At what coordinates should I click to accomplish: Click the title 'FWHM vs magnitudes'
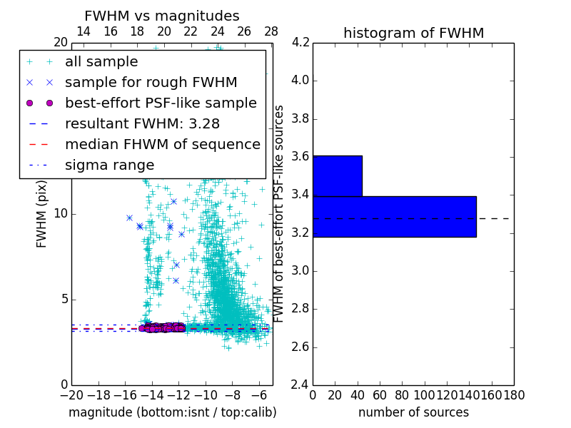click(x=161, y=16)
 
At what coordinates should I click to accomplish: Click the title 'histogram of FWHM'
click(x=413, y=33)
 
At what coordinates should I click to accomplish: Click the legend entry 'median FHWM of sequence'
click(x=162, y=144)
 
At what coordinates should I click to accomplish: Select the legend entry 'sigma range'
click(x=109, y=165)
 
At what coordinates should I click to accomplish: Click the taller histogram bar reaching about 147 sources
click(x=394, y=216)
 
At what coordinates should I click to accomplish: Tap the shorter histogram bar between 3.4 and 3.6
click(x=337, y=175)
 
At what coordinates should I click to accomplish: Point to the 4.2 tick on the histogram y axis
click(x=300, y=42)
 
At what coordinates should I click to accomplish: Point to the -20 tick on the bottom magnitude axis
click(x=71, y=395)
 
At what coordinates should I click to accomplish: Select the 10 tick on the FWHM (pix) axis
click(x=61, y=213)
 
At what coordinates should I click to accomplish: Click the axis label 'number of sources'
click(x=413, y=412)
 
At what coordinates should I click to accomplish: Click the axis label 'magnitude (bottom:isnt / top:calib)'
click(x=172, y=412)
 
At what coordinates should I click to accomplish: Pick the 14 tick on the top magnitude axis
click(x=84, y=31)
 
